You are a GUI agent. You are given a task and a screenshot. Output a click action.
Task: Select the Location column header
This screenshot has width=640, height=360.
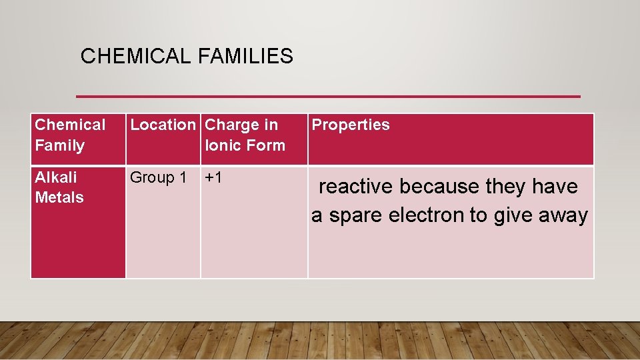point(163,125)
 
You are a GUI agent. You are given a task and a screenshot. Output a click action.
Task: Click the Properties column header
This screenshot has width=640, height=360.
point(351,125)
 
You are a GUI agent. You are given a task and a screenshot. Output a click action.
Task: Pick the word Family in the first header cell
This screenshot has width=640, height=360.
point(59,145)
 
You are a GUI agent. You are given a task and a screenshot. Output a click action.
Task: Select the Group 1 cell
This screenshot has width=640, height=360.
point(158,177)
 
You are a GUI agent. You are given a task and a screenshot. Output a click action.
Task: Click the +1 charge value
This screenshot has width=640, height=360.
point(213,177)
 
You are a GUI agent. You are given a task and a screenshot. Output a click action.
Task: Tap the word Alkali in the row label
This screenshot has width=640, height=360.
point(55,177)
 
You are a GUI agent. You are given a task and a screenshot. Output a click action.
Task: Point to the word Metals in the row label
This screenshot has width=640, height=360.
point(59,197)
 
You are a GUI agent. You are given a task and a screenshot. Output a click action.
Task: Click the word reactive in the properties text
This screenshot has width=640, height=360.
point(356,187)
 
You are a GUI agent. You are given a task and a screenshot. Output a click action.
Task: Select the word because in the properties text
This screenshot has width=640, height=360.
point(440,187)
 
